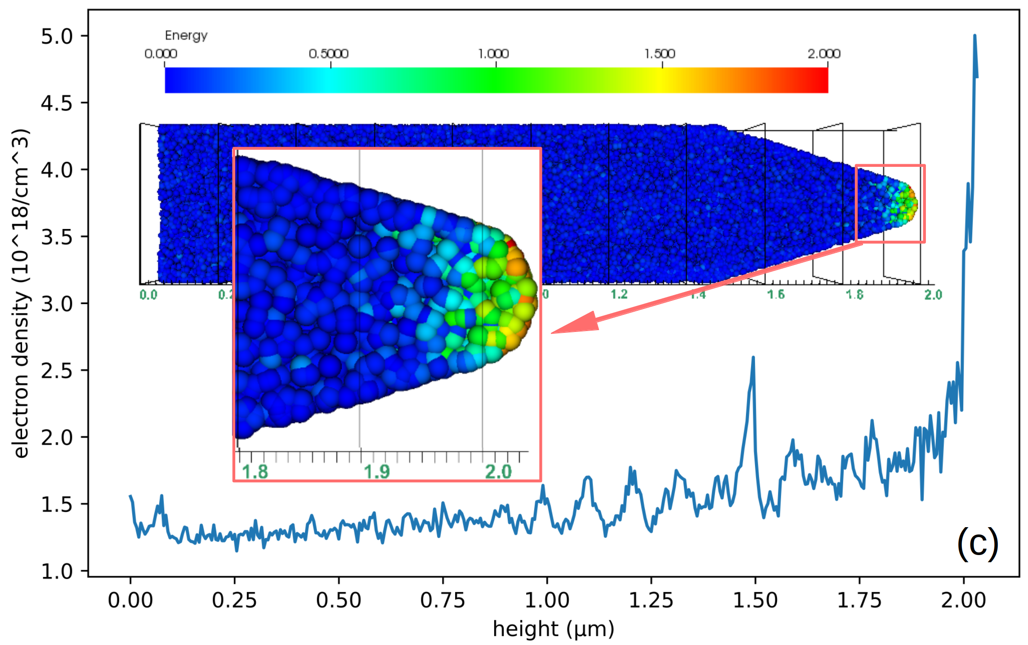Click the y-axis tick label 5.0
tap(57, 36)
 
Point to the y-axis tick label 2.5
tap(57, 371)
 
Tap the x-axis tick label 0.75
tap(442, 600)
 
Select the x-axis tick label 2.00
tap(963, 600)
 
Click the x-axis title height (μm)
tap(553, 629)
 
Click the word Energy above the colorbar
tap(186, 36)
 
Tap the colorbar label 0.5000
tap(329, 54)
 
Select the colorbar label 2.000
tap(824, 54)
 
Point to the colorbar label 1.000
tap(493, 54)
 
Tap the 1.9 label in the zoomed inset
tap(376, 471)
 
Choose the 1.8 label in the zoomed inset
tap(255, 471)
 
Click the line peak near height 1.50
tap(753, 358)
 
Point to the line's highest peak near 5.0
tap(974, 36)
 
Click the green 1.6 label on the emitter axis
tap(776, 295)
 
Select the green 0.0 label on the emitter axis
tap(148, 295)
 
